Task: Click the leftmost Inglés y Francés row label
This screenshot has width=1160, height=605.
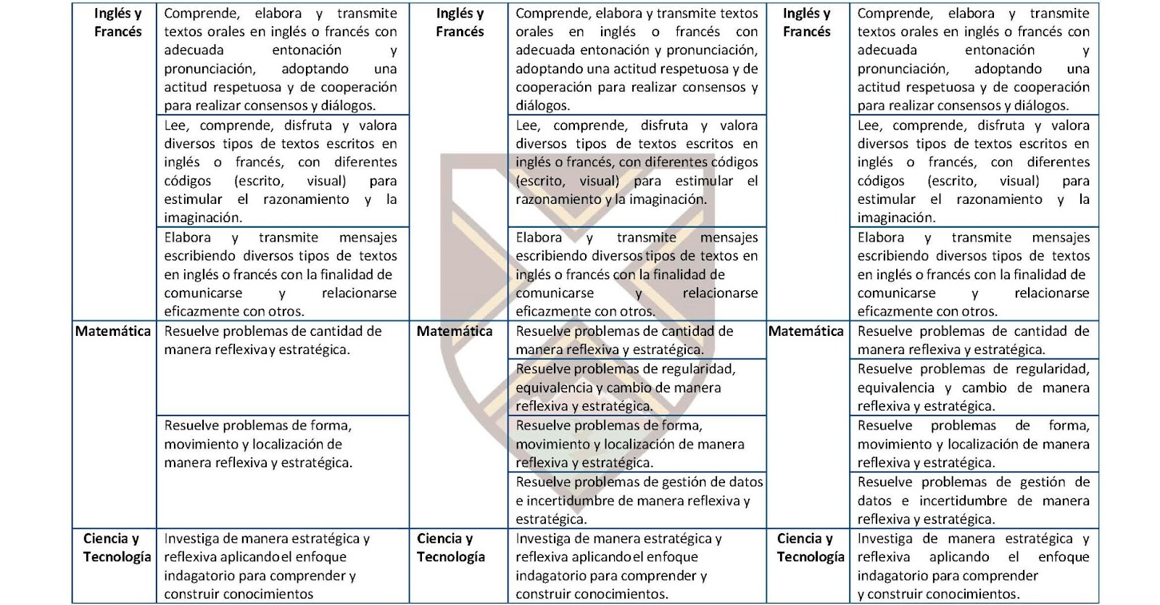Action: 117,22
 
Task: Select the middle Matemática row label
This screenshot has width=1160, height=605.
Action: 455,332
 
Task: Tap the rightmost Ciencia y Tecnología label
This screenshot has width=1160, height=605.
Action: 810,548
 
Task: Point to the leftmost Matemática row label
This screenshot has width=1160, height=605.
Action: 113,332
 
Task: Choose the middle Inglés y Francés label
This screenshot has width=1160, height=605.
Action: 460,22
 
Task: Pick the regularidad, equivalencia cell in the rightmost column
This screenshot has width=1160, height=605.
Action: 973,387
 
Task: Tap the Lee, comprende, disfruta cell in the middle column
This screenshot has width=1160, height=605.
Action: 637,162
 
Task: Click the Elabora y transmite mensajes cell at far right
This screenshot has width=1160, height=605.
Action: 973,274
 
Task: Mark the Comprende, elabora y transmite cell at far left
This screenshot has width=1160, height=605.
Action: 281,59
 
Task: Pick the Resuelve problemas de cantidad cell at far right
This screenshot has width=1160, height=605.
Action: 973,340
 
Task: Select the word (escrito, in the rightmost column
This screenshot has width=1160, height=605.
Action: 952,181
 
